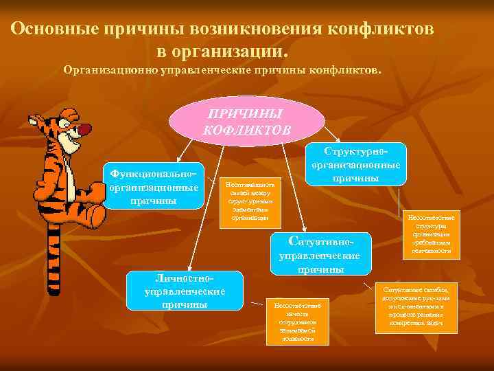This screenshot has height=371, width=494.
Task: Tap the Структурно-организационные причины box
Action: pos(356,164)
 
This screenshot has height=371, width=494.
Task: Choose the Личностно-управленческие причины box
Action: pos(185,290)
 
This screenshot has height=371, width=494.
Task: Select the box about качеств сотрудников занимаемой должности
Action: pos(297,321)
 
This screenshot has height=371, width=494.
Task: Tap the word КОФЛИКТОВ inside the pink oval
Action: pos(247,128)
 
